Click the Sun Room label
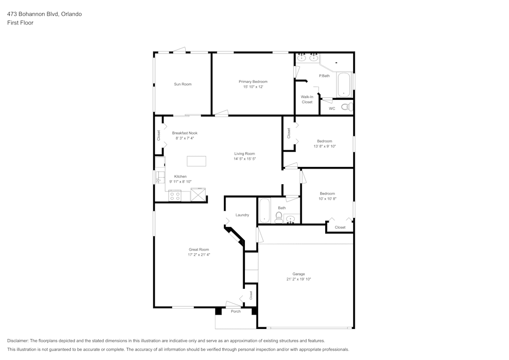point(183,84)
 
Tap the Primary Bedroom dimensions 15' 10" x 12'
point(253,87)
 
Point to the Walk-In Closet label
point(307,99)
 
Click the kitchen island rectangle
point(196,161)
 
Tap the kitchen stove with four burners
point(175,196)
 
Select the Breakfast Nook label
point(184,133)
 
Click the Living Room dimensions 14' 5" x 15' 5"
point(244,159)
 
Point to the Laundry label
point(242,215)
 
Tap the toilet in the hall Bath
point(278,218)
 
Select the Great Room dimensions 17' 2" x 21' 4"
point(199,255)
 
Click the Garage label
point(298,274)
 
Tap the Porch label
point(236,311)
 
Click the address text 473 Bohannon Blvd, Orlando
point(44,14)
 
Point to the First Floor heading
point(20,23)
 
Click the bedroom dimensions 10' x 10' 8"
point(327,199)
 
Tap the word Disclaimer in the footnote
point(19,341)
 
